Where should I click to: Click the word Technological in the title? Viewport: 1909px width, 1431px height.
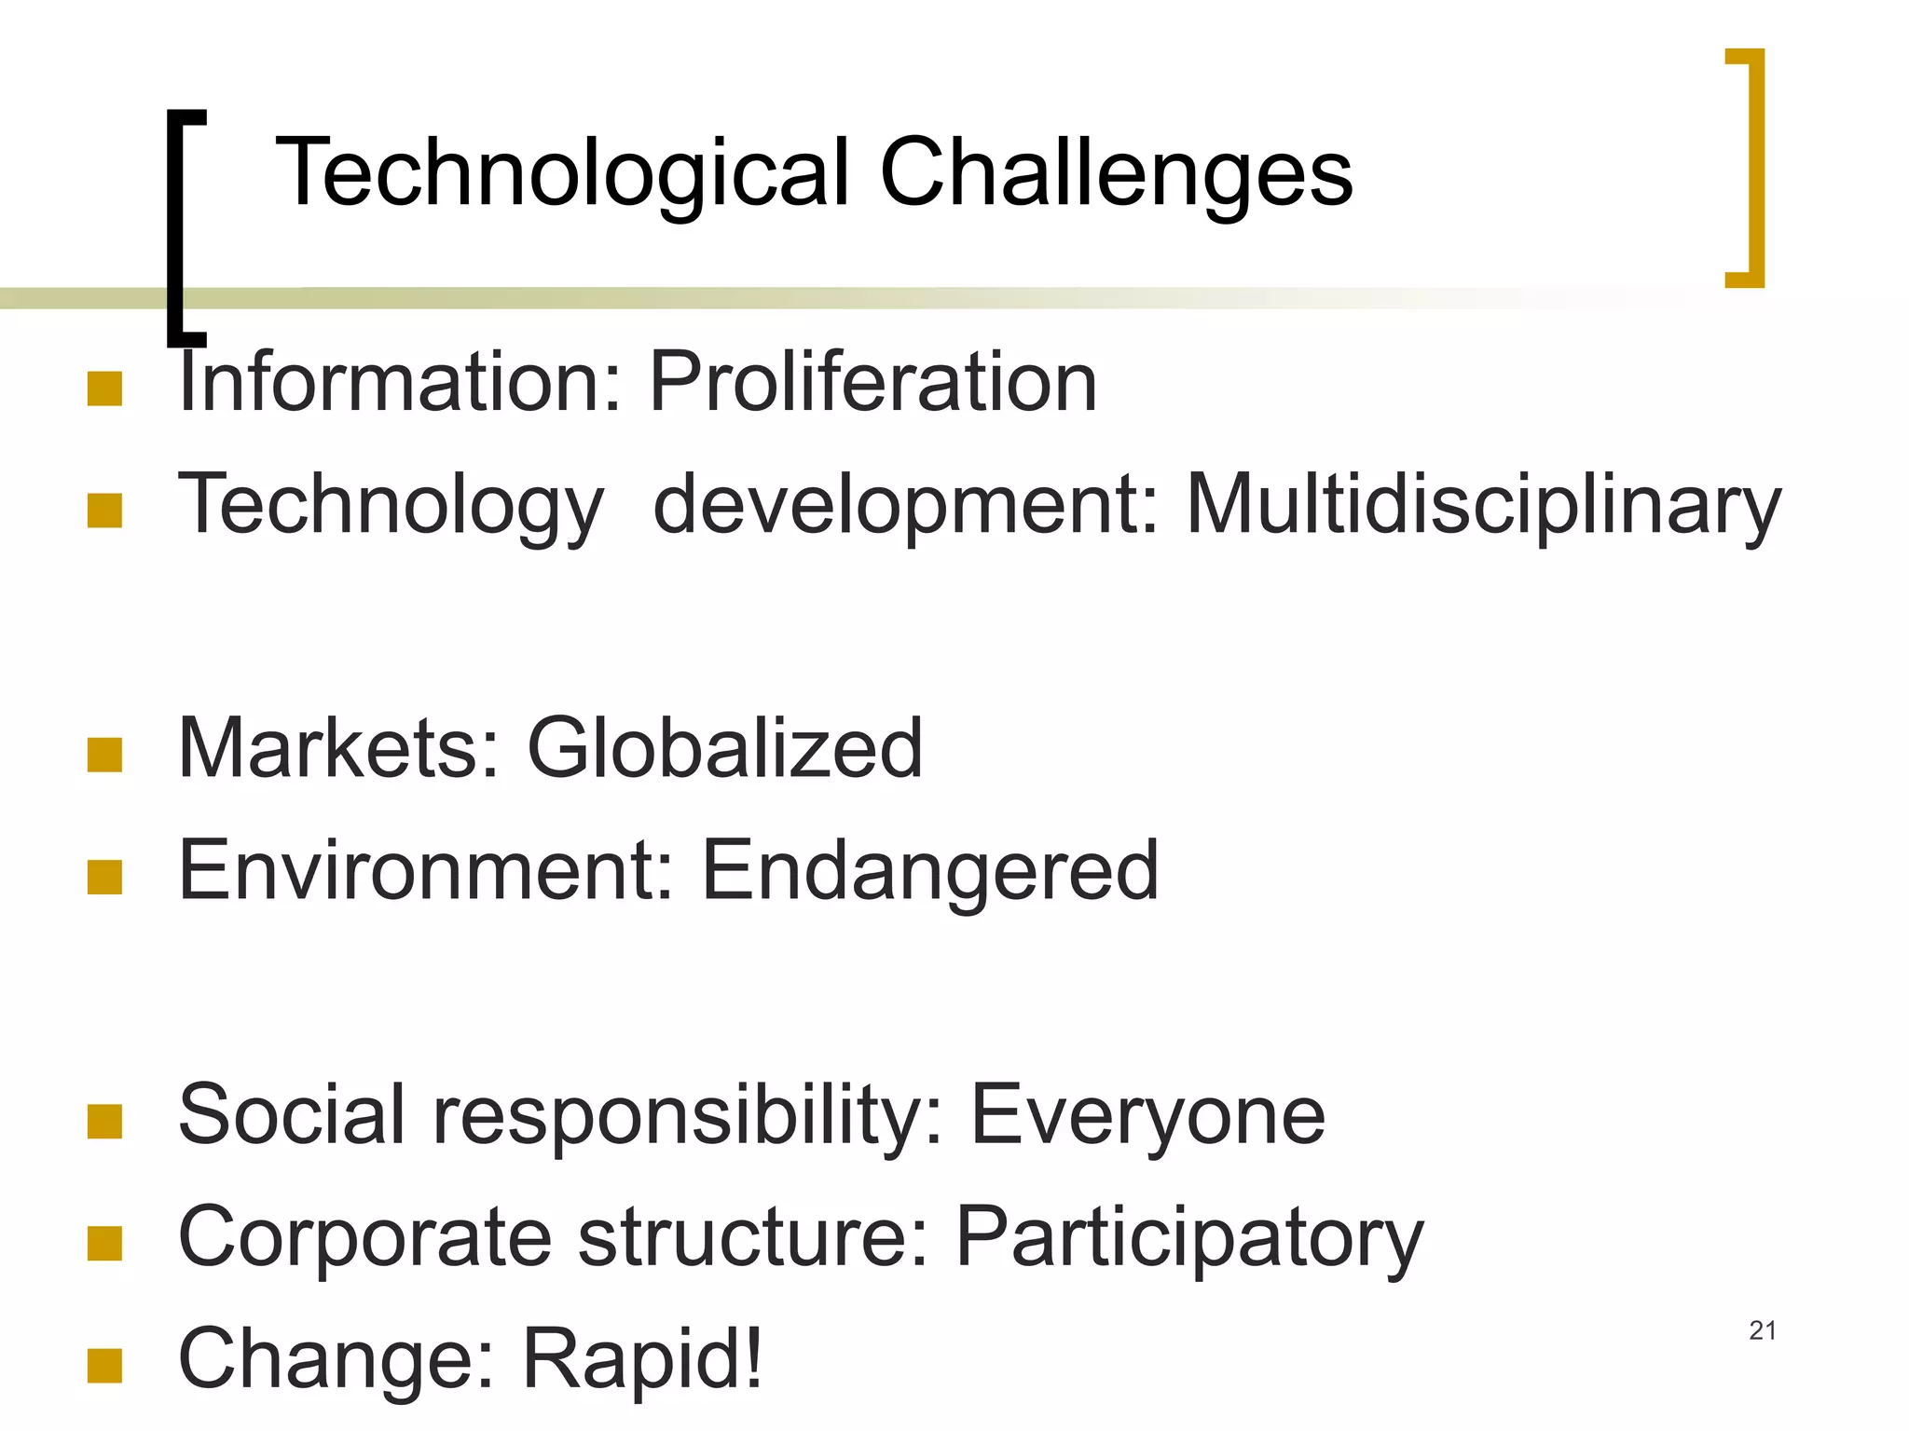click(x=562, y=174)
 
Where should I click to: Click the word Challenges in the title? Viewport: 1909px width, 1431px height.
click(x=1116, y=174)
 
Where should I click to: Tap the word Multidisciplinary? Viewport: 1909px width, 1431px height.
click(x=1483, y=506)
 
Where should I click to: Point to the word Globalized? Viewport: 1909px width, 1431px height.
click(x=724, y=748)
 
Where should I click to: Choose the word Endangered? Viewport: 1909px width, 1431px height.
click(x=929, y=870)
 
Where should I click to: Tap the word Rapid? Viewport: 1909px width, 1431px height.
click(x=642, y=1358)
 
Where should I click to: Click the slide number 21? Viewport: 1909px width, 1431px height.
click(x=1762, y=1330)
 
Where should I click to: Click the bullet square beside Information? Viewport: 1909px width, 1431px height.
click(x=104, y=388)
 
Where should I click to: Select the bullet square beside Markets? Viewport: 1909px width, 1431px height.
click(x=104, y=755)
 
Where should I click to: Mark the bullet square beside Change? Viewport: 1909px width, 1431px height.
click(x=104, y=1365)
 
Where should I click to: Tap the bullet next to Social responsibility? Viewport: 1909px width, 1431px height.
click(x=104, y=1121)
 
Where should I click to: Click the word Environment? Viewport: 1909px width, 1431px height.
click(x=425, y=870)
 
